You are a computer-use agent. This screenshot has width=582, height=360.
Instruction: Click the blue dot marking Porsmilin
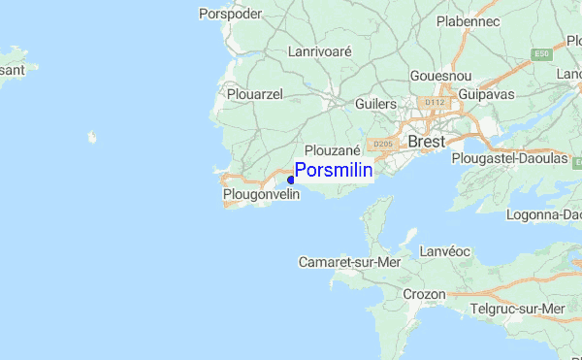pos(291,180)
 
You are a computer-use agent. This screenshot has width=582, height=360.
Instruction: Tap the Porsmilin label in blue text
pos(334,171)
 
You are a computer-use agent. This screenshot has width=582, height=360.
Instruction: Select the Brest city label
pos(427,142)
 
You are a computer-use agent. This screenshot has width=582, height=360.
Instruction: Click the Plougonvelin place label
pos(261,195)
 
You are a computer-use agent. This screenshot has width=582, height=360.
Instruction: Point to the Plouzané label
pos(333,150)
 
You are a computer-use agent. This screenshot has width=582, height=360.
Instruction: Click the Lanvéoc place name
pos(445,251)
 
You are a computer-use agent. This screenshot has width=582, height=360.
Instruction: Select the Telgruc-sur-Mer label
pos(517,309)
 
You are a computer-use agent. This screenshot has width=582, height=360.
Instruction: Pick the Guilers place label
pos(377,103)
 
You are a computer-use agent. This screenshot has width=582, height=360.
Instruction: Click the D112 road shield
pos(432,101)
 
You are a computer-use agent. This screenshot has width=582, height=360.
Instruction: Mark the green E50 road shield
pos(541,54)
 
